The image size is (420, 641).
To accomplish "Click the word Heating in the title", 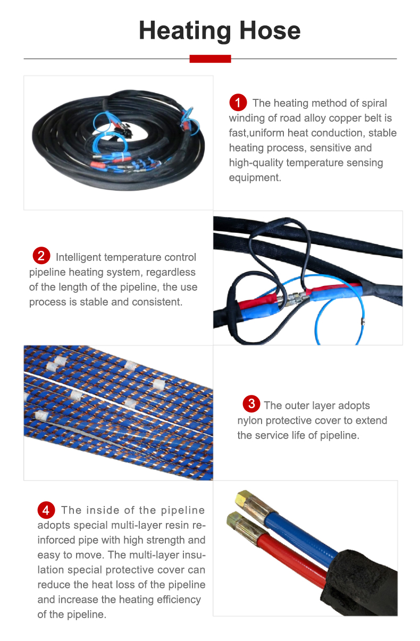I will (x=184, y=31).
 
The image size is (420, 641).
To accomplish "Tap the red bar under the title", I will (x=210, y=59).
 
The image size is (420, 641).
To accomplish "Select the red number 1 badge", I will (x=238, y=102).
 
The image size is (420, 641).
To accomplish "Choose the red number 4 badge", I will (x=46, y=510).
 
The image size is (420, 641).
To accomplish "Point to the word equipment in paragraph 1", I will (x=255, y=178).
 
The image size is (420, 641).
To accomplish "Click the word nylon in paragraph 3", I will (x=250, y=420).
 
